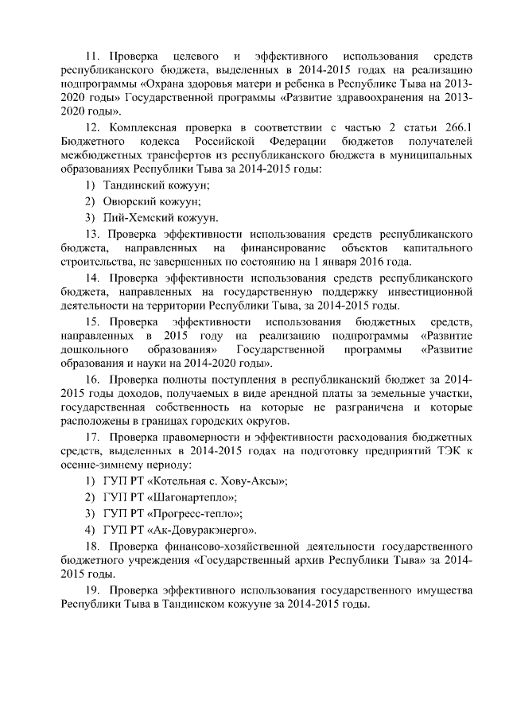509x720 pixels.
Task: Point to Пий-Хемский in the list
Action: click(133, 217)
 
